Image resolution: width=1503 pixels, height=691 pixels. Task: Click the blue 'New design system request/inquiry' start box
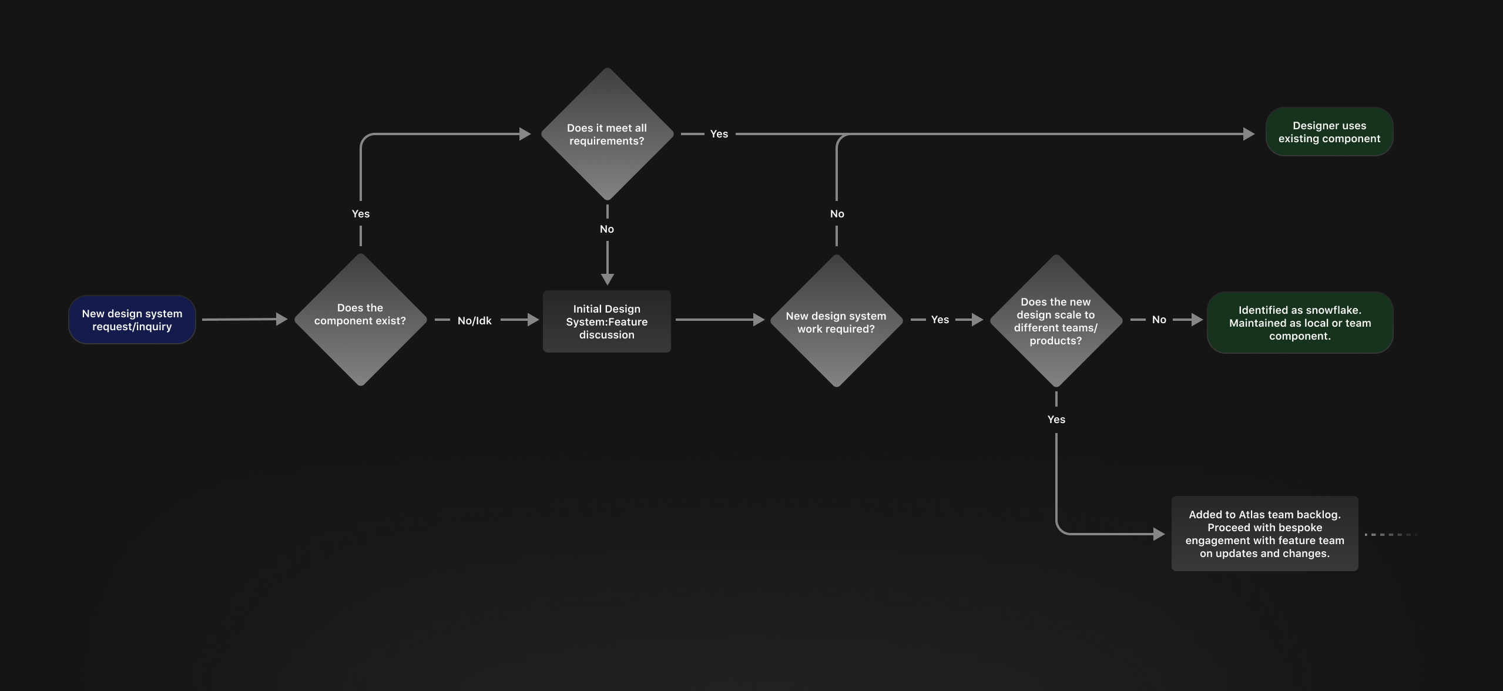[x=132, y=320]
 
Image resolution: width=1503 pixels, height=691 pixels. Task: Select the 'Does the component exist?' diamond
[x=360, y=320]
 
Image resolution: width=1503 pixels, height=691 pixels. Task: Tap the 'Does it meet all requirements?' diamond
[x=607, y=134]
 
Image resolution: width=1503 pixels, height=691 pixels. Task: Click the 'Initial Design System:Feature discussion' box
[x=606, y=321]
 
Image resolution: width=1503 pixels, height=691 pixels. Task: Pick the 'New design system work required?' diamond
[x=836, y=321]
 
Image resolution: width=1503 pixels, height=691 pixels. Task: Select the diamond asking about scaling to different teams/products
[x=1056, y=321]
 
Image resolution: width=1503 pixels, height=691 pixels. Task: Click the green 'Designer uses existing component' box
[x=1329, y=132]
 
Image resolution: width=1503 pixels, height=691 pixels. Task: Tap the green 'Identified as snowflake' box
[x=1300, y=323]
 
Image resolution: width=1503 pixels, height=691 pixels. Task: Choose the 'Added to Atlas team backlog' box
[x=1264, y=534]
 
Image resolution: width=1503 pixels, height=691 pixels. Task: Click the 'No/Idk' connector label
[x=474, y=320]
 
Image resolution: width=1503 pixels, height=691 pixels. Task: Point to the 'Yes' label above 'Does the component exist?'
[x=361, y=214]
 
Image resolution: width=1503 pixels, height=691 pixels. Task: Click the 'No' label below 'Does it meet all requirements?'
[x=607, y=229]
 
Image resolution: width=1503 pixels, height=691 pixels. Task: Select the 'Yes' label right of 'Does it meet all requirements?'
[x=719, y=134]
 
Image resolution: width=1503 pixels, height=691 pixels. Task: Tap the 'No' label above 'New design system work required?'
[x=837, y=214]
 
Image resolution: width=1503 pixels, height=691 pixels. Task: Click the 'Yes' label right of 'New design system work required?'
[x=940, y=320]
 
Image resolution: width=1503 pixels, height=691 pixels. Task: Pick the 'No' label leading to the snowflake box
[x=1159, y=320]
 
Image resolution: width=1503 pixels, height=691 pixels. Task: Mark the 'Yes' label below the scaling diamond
[x=1056, y=420]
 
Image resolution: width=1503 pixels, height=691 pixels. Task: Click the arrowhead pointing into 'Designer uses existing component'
[x=1249, y=134]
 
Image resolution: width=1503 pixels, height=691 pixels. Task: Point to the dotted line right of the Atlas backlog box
[x=1390, y=535]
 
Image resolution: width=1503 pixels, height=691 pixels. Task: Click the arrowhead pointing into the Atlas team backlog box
[x=1159, y=534]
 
